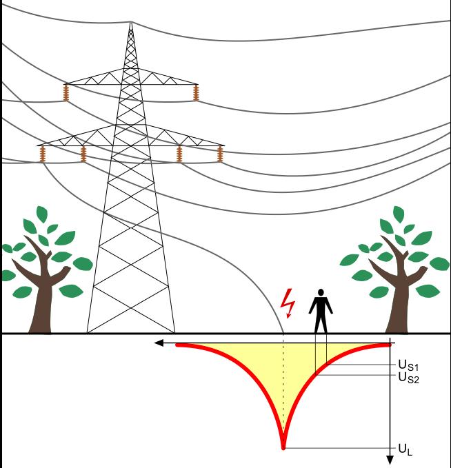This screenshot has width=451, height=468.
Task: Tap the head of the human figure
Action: click(320, 292)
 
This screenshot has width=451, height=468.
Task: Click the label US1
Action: click(408, 365)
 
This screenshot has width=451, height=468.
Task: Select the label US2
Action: click(408, 376)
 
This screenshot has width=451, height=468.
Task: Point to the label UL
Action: click(405, 449)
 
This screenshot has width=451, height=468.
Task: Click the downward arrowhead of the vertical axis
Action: click(390, 460)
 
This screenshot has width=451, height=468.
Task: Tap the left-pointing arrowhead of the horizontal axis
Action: click(159, 343)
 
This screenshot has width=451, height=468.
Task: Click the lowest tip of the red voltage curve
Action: click(283, 447)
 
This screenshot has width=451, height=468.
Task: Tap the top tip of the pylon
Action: click(130, 24)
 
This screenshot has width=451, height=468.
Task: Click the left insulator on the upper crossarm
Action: click(67, 92)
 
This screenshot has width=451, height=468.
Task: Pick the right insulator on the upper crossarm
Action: click(196, 92)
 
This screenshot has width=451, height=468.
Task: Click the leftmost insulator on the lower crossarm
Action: click(43, 153)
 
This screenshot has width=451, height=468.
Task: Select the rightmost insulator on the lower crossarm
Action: click(221, 153)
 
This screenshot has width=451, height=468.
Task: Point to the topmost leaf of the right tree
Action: click(399, 214)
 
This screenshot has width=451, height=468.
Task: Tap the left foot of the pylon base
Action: click(88, 332)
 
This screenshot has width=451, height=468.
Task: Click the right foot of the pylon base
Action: click(174, 332)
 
